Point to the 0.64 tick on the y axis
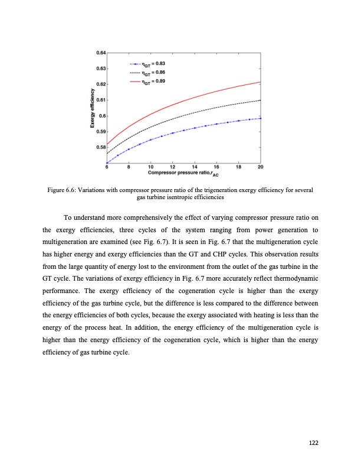tap(100, 53)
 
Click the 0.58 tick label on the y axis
tap(100, 147)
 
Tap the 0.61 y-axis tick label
tap(100, 100)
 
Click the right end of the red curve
tap(261, 82)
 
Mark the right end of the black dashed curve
tap(261, 100)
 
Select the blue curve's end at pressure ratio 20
tap(261, 118)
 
